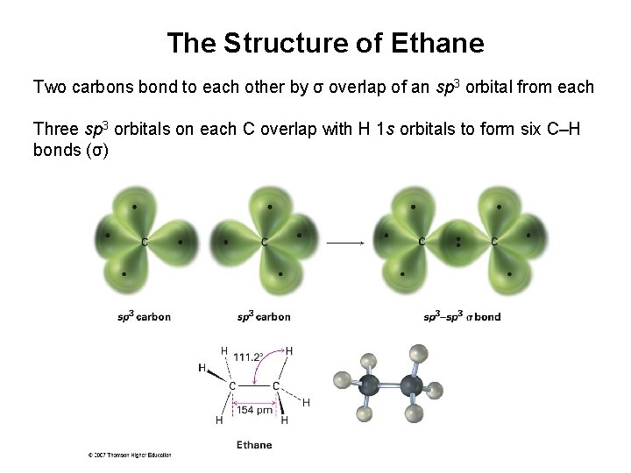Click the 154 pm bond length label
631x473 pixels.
(253, 410)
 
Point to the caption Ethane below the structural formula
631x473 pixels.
(254, 444)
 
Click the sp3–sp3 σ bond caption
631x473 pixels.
(461, 317)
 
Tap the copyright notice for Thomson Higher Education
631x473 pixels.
(129, 455)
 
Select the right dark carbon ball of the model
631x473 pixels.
(410, 385)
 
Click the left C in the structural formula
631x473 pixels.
(232, 385)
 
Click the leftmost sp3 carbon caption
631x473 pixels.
(144, 317)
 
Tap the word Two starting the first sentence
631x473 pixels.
(49, 88)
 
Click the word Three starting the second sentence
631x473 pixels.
(53, 130)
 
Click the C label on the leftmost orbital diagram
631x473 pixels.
(143, 241)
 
